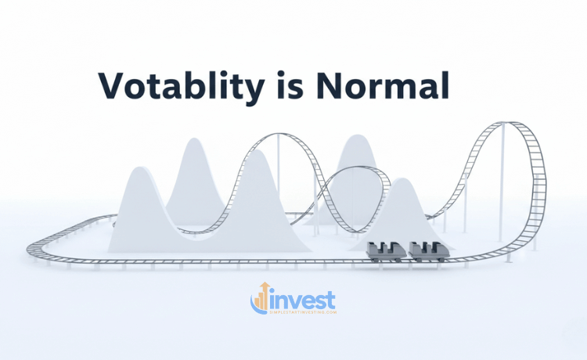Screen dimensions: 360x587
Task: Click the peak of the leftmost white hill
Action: [x=138, y=168]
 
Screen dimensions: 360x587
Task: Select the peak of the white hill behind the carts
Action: [x=401, y=181]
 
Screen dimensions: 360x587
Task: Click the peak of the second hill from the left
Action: [x=190, y=141]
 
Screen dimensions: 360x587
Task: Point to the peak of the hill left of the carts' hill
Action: [x=356, y=137]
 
